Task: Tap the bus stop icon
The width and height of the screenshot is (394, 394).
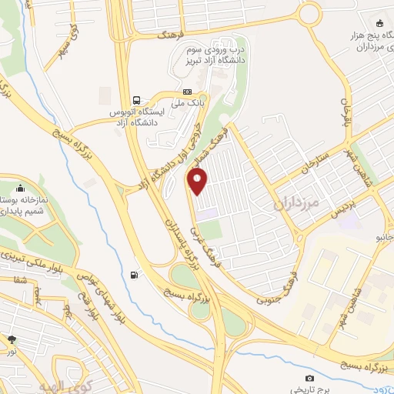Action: point(136,100)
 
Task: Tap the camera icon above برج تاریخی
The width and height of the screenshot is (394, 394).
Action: point(309,378)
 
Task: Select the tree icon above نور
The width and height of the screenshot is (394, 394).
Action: point(12,339)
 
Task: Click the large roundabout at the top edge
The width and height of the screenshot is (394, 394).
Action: point(310,13)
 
